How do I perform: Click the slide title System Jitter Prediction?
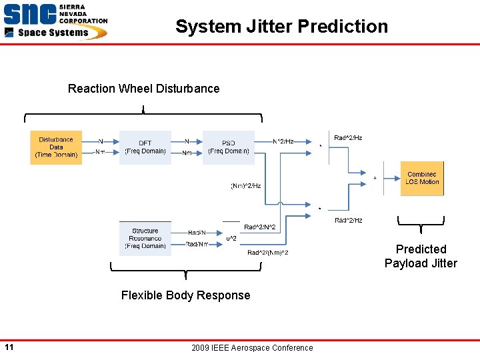281,27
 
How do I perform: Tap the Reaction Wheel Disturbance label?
143,89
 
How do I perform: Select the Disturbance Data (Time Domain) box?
56,147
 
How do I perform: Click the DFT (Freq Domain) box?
145,147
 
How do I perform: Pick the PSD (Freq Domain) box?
229,147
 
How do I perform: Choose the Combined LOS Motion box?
422,178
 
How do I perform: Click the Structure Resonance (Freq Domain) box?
145,239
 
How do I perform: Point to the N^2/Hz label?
283,141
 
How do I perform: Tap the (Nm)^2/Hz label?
245,186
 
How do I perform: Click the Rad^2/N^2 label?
259,227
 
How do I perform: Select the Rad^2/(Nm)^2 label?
267,253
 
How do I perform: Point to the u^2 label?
231,238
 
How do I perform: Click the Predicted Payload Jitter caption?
421,256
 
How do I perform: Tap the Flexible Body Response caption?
185,295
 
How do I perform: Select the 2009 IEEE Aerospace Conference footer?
251,347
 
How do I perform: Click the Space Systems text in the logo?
53,33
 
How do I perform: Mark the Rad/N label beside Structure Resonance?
197,233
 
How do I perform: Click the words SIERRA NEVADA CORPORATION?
83,13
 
